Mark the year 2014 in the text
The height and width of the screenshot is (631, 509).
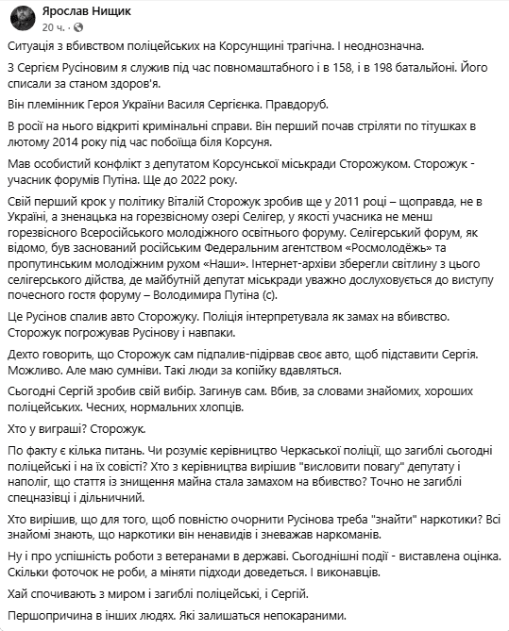pyautogui.click(x=77, y=142)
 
